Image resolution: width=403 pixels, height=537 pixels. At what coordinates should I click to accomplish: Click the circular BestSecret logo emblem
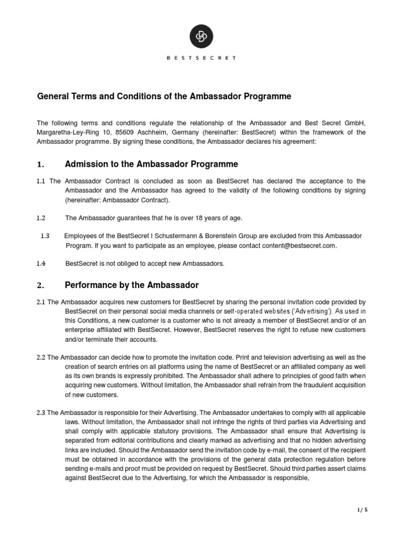[201, 36]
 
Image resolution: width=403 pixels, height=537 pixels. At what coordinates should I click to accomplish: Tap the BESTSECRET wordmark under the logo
[201, 59]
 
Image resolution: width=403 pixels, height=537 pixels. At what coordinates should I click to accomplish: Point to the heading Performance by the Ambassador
[132, 285]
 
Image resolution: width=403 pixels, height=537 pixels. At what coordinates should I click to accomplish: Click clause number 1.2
[41, 218]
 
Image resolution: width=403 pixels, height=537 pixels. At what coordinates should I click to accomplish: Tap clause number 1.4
[41, 263]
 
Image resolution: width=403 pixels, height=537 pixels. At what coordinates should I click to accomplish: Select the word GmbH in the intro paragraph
[354, 122]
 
